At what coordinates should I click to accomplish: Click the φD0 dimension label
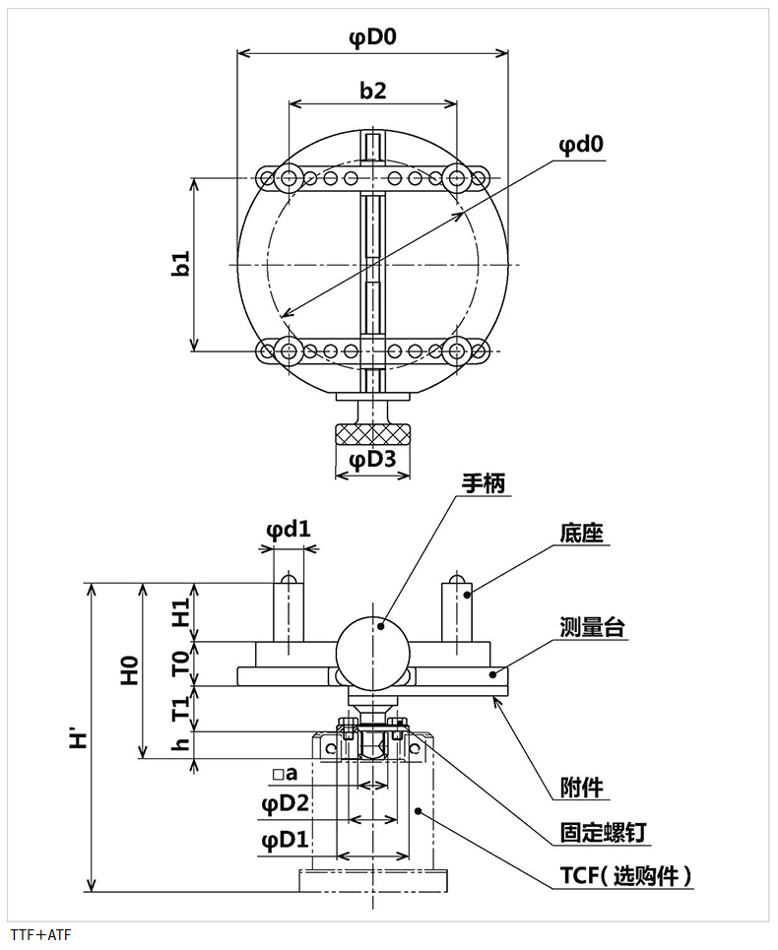[372, 37]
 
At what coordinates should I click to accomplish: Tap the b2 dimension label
[372, 91]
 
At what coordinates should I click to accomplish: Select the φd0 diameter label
[581, 145]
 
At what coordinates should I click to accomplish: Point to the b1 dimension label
[180, 263]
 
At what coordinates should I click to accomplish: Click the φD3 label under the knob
[372, 459]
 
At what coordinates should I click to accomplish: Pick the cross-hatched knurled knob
[372, 434]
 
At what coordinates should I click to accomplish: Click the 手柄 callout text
[483, 483]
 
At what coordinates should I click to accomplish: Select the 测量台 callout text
[592, 626]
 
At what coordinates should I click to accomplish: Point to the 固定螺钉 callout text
[603, 833]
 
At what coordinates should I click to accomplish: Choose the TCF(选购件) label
[626, 876]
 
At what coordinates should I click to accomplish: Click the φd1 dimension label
[289, 530]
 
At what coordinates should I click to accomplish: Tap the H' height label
[80, 739]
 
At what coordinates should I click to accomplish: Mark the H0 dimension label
[130, 670]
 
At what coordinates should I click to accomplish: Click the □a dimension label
[285, 773]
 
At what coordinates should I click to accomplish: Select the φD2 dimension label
[285, 804]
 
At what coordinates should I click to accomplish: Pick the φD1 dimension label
[285, 841]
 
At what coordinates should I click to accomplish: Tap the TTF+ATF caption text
[41, 934]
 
